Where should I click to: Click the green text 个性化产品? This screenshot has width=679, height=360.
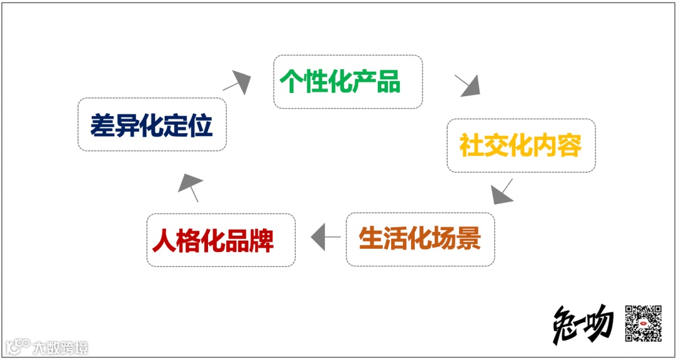340,82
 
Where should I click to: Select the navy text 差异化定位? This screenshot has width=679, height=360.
152,124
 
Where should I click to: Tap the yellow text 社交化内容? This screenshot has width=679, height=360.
521,145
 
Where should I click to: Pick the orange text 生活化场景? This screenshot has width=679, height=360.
419,239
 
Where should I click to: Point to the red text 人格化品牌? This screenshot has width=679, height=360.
214,241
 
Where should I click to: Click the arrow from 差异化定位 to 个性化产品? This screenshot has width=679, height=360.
236,81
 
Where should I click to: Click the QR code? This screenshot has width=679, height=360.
643,323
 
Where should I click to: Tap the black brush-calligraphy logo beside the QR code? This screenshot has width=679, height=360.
583,324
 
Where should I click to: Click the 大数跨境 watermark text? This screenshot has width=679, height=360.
61,347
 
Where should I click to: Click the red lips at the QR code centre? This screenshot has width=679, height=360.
644,324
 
